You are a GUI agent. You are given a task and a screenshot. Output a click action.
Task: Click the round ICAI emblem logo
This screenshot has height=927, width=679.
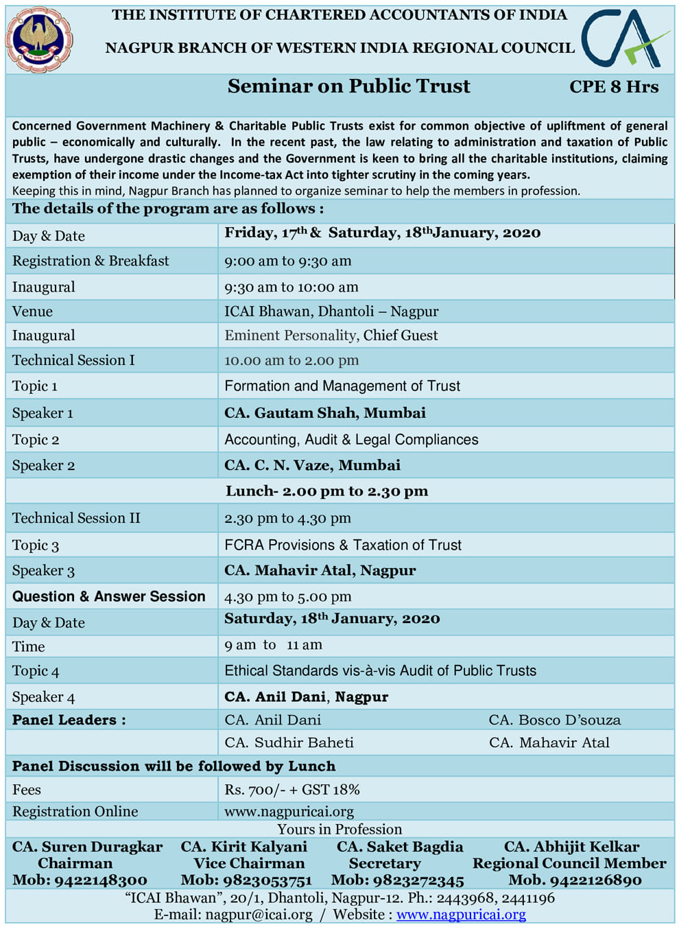(38, 40)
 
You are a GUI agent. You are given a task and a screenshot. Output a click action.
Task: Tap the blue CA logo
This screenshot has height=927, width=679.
(624, 40)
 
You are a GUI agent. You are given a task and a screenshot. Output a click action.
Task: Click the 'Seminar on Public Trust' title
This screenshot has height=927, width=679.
(348, 86)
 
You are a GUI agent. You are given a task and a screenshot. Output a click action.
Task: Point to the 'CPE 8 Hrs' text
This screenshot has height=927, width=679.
(614, 87)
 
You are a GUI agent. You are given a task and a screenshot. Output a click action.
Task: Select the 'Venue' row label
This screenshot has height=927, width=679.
(32, 312)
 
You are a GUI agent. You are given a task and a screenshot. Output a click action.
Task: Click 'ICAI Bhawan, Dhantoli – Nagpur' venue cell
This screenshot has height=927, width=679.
(331, 312)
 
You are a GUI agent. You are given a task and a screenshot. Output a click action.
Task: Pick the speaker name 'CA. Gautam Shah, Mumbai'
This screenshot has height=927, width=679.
(325, 413)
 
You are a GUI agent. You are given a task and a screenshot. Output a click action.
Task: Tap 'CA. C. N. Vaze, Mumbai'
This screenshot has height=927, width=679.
(312, 465)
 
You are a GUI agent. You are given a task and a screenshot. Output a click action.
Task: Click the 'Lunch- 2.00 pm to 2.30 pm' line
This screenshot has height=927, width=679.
(326, 491)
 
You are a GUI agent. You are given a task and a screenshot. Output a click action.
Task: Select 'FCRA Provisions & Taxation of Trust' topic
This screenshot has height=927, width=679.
(343, 545)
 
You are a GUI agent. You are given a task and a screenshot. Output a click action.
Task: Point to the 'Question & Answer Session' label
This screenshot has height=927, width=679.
(109, 596)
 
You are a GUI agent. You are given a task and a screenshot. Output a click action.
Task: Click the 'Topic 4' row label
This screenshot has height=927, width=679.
(36, 671)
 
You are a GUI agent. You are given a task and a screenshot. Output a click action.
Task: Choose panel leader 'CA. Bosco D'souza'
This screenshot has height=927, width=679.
(554, 720)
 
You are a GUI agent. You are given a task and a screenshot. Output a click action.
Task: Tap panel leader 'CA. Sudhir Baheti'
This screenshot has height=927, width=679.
(289, 742)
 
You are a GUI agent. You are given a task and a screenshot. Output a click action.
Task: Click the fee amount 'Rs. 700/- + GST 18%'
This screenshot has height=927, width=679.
(292, 790)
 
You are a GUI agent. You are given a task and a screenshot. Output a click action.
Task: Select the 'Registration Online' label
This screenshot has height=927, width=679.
(75, 811)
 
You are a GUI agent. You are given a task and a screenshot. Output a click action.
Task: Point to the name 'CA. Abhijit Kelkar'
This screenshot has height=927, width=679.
(571, 847)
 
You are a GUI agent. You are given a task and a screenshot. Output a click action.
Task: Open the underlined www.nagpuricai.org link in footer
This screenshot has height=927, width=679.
(461, 915)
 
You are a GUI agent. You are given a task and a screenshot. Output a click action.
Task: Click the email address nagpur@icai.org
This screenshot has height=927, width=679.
(259, 915)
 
